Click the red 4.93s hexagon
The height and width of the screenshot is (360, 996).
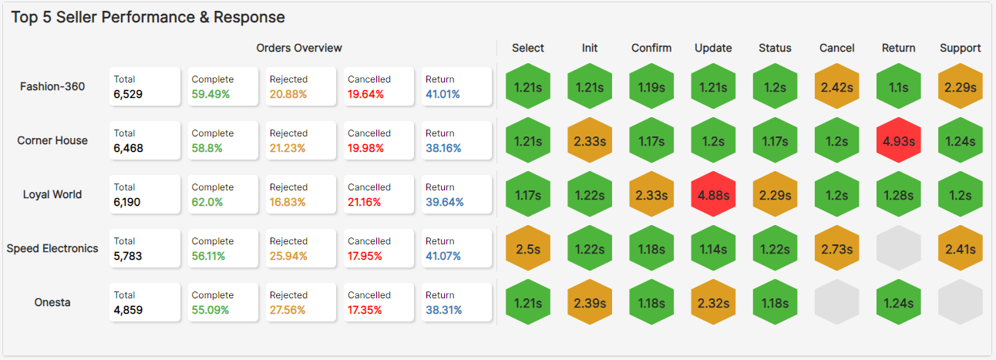click(899, 141)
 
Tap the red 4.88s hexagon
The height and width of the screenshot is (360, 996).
click(713, 195)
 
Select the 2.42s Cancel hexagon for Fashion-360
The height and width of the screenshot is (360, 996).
click(837, 87)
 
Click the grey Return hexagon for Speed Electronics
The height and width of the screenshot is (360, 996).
click(899, 249)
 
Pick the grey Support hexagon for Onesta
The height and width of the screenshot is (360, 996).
click(960, 303)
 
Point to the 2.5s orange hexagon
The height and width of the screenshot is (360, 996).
click(528, 249)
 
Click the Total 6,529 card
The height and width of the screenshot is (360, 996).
click(145, 86)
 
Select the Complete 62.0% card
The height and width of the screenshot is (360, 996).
click(223, 194)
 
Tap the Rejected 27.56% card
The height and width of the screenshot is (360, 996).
click(301, 302)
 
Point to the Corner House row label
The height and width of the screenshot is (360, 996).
click(52, 140)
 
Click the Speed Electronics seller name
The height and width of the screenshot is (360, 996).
click(52, 248)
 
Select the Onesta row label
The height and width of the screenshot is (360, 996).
click(52, 302)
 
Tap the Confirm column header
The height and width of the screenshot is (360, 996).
click(651, 48)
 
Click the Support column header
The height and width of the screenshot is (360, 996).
click(960, 48)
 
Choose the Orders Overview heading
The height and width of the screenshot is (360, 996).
click(299, 48)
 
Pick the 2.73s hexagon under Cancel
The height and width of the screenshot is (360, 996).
click(837, 249)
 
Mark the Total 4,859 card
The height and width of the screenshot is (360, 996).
click(145, 302)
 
